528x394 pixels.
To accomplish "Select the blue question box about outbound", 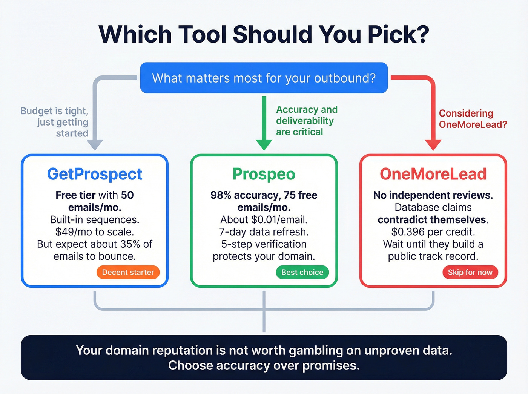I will click(264, 78).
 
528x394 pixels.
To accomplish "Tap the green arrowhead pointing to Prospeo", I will click(264, 144).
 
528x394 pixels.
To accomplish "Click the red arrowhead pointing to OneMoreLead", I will click(433, 144).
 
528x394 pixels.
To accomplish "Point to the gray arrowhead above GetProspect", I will click(95, 144).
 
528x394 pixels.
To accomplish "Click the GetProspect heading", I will click(95, 174).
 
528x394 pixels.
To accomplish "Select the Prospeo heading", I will click(264, 174).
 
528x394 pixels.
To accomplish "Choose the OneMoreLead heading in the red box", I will click(433, 174).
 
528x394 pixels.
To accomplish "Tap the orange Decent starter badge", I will click(128, 272).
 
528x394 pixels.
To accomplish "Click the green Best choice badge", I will click(302, 272).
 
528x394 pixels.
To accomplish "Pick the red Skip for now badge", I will click(470, 272).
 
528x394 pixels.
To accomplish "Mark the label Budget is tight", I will click(54, 111).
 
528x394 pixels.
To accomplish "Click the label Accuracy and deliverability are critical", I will click(306, 121).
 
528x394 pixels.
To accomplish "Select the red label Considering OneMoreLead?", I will click(473, 119).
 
